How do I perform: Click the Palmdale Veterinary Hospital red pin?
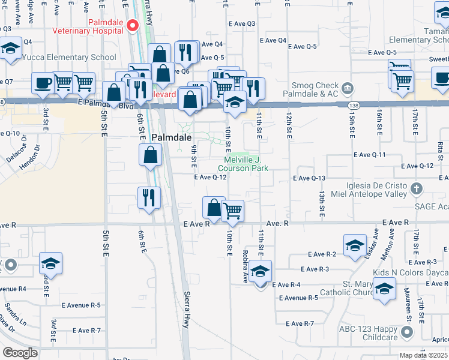point(133,25)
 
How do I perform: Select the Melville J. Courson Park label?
point(246,164)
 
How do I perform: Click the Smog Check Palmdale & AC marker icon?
point(347,89)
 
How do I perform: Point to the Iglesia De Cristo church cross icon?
point(417,190)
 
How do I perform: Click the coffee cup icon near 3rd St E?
point(43,83)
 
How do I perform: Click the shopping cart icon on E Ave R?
point(232,211)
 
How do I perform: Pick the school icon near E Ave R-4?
point(260,271)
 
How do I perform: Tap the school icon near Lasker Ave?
point(355,245)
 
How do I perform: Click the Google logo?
point(20,353)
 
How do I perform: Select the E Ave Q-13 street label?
point(309,178)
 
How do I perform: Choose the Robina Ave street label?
point(245,266)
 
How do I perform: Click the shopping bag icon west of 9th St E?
point(150,155)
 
